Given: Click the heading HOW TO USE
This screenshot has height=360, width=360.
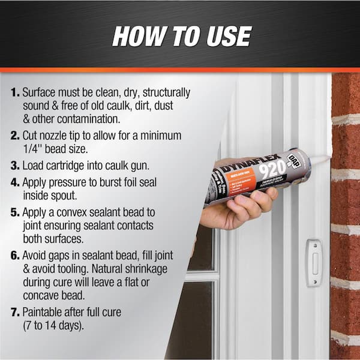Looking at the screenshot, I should pyautogui.click(x=181, y=37).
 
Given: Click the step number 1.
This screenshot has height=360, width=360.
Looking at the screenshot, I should pyautogui.click(x=14, y=93).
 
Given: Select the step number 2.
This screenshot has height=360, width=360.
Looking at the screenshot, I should pyautogui.click(x=14, y=137).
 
